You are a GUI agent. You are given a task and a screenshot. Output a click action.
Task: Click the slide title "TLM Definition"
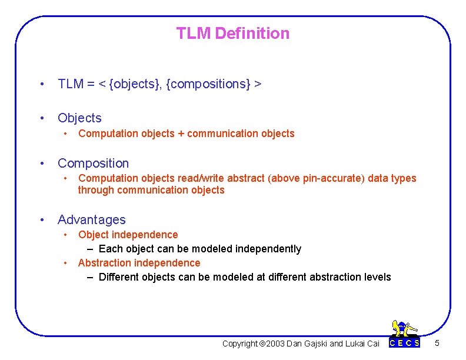click(233, 34)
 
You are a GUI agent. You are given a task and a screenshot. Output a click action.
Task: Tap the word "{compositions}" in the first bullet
click(208, 84)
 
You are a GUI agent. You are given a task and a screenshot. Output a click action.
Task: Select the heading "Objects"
click(79, 118)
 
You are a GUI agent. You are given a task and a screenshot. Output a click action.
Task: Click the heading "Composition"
click(93, 164)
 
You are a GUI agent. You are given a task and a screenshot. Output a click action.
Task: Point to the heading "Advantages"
click(91, 220)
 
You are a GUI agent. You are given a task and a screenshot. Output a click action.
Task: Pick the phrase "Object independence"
click(128, 235)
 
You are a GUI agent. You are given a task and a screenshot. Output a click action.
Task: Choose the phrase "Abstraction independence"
click(139, 263)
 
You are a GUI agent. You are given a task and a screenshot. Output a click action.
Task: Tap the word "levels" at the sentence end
click(377, 277)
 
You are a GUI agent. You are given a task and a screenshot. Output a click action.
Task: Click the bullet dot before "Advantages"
click(42, 220)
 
